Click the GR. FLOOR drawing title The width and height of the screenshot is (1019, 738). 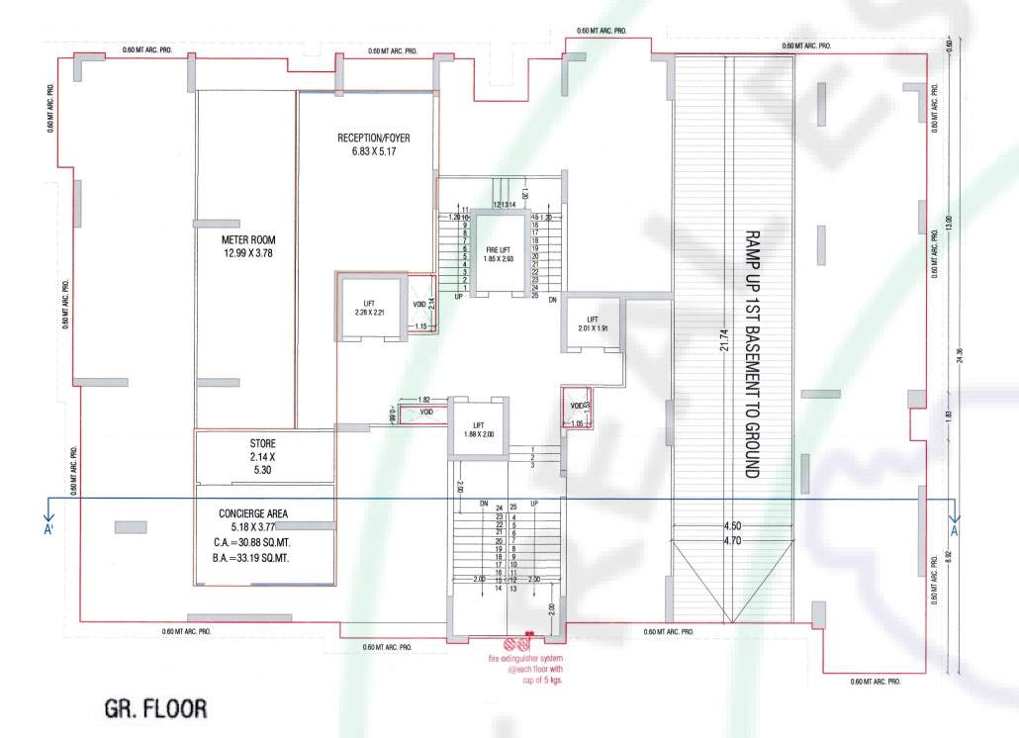156,709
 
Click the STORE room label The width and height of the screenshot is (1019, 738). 262,443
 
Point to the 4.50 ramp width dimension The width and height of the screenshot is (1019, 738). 732,526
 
